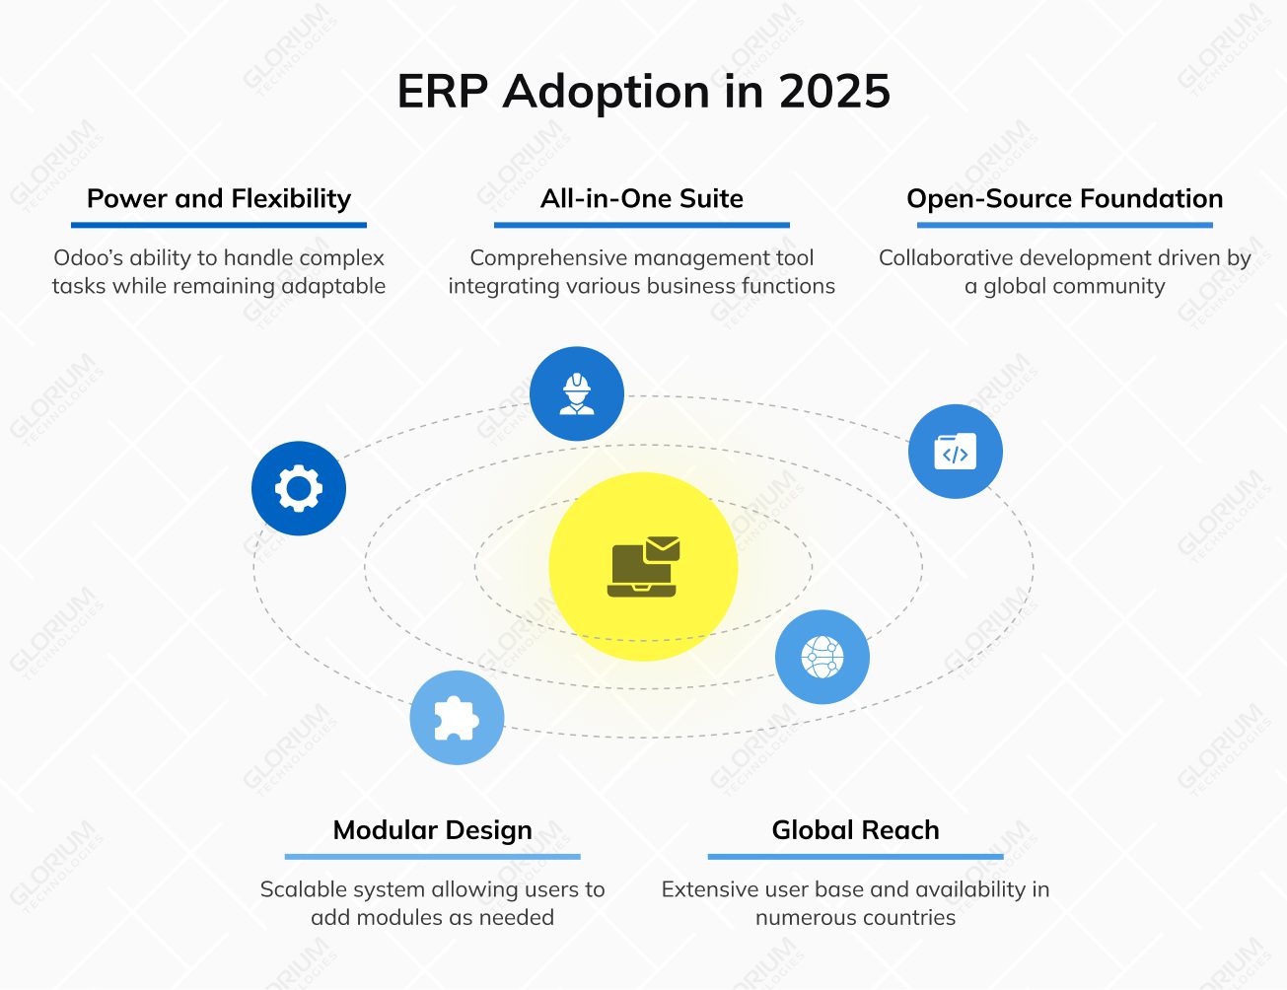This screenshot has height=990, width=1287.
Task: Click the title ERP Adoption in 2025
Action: coord(643,92)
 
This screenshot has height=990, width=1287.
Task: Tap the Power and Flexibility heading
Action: coord(219,198)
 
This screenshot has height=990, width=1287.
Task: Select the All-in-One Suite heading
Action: coord(642,198)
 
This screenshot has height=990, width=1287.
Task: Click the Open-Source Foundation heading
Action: coord(1064,198)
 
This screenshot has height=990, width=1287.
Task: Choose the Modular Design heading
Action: coord(432,830)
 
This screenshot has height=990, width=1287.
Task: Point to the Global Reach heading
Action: coord(855,830)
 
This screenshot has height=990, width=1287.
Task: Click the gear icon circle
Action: coord(299,489)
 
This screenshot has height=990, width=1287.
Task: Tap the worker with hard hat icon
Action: coord(577,394)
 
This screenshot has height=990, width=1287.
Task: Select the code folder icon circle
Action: coord(955,452)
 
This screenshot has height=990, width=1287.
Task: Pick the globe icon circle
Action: coord(822,657)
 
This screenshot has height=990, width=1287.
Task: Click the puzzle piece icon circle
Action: coord(457,718)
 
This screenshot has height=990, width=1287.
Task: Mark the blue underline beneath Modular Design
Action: coord(432,856)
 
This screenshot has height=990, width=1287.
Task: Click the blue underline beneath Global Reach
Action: coord(855,856)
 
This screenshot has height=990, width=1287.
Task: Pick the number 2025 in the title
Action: coord(834,92)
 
